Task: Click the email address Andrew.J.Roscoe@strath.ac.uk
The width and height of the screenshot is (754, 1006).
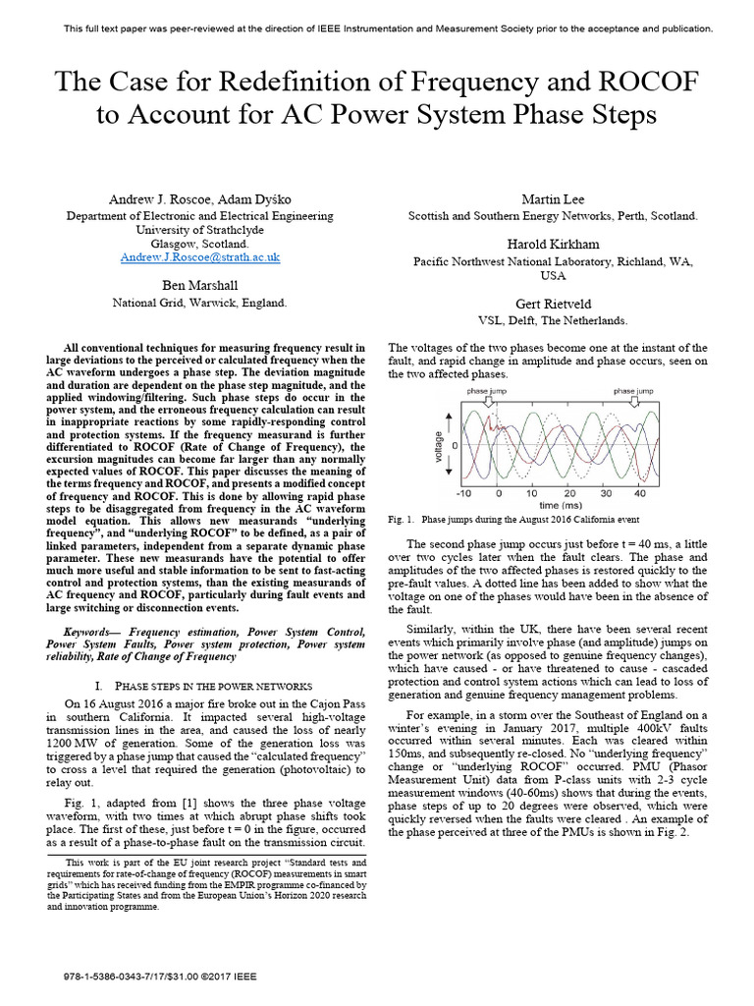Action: coord(200,257)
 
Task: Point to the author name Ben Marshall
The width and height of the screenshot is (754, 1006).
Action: coord(200,286)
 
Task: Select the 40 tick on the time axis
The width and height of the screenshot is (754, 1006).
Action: coord(638,493)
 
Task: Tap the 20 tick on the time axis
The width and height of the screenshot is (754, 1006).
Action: coord(568,493)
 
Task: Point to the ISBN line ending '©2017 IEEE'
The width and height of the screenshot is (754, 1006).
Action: coord(161,978)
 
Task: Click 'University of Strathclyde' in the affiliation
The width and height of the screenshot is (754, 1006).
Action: coord(200,229)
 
